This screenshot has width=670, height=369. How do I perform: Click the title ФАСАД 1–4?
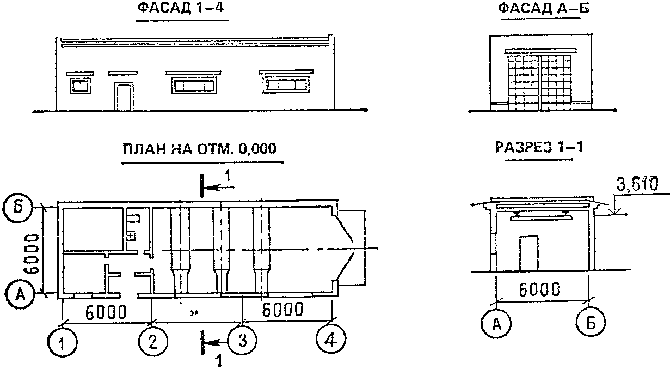181,8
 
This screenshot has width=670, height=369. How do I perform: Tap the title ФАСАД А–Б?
544,8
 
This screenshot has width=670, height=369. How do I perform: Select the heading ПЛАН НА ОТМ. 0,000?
200,149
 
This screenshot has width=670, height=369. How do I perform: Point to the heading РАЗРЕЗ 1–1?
539,147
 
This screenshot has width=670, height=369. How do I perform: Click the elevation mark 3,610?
637,183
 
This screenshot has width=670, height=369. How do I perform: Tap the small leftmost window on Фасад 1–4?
80,86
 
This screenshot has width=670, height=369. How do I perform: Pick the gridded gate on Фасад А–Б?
540,82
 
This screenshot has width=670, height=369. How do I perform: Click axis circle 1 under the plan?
62,343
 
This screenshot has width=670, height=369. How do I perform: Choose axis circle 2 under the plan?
153,341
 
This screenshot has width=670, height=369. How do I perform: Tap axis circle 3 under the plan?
242,340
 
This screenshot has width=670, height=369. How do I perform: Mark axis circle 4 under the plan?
331,340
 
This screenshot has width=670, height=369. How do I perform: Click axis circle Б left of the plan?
18,208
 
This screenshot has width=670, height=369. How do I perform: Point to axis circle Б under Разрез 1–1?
591,322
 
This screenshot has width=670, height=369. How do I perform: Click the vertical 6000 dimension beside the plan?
32,254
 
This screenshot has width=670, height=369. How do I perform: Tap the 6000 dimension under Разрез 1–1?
539,289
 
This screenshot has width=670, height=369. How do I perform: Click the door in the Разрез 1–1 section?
529,253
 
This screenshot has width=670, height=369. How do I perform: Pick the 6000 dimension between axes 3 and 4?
282,310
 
